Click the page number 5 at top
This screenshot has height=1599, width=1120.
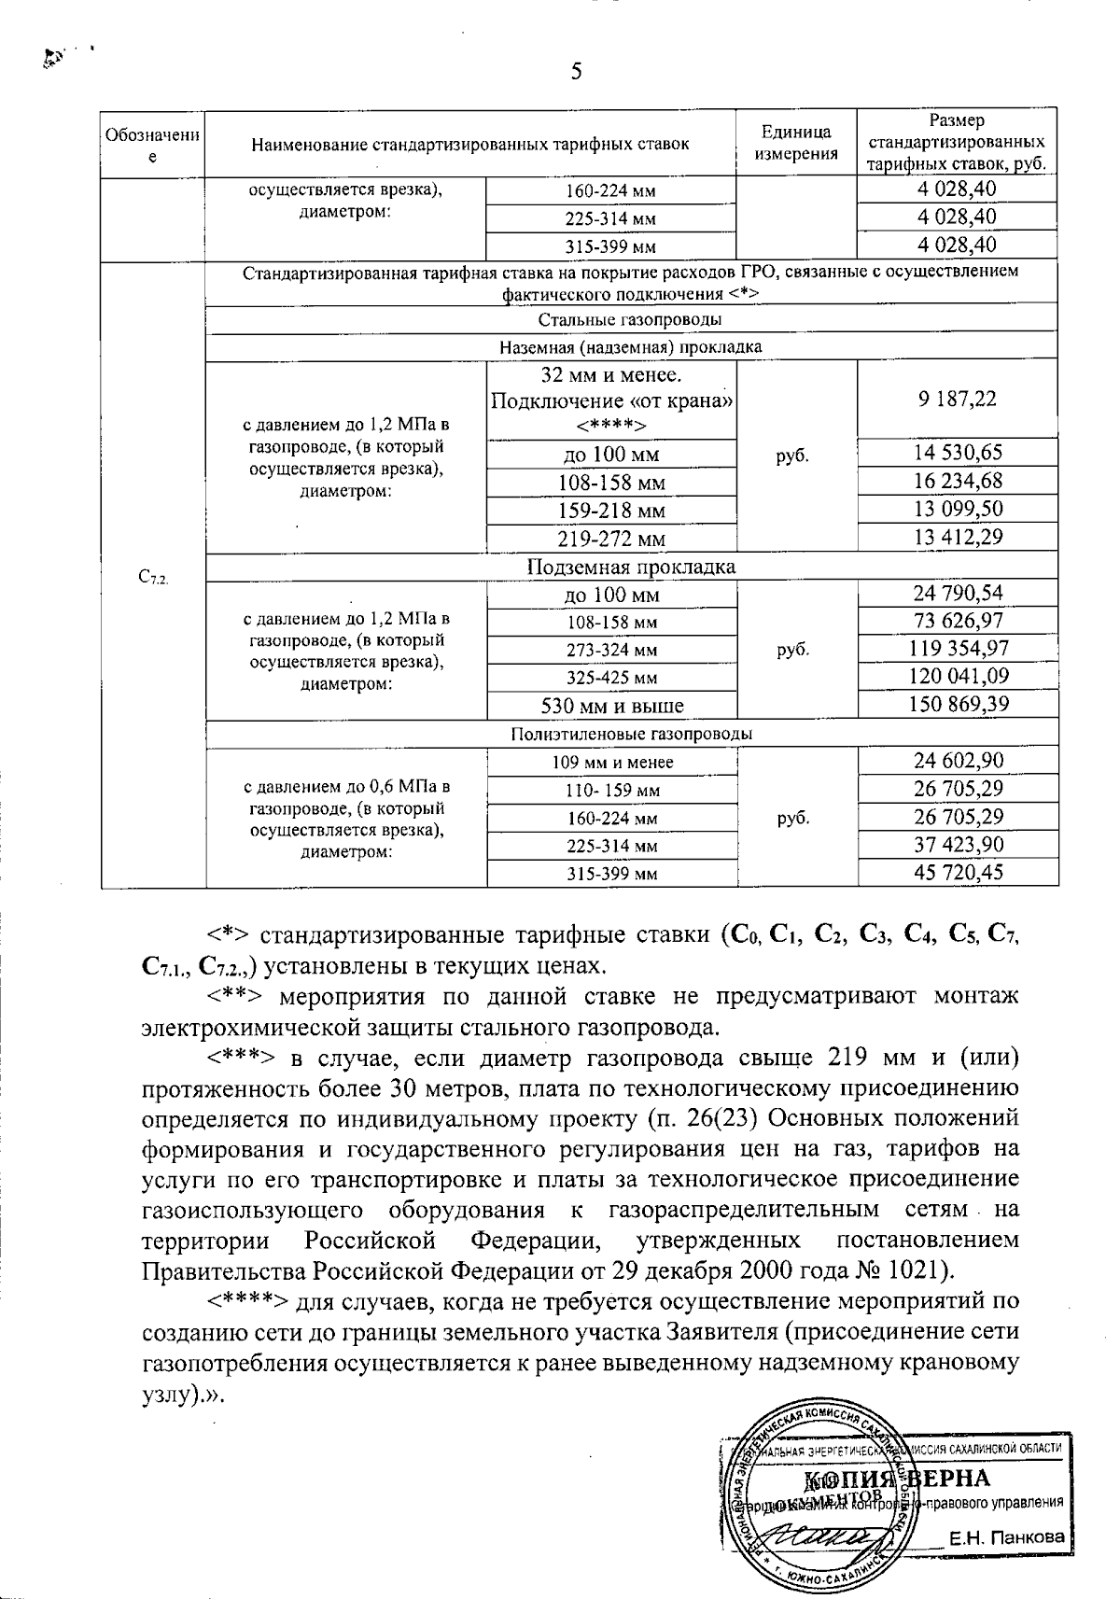(576, 72)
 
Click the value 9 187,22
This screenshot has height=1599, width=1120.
(957, 400)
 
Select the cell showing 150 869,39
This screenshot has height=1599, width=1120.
(959, 704)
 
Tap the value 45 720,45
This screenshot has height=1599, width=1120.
(959, 873)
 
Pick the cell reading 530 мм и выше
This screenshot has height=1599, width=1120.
(612, 705)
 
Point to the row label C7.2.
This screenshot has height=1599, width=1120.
(152, 579)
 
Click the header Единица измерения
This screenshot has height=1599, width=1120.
(796, 142)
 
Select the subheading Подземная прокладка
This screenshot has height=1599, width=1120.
(631, 568)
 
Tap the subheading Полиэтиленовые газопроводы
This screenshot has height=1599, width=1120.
(631, 734)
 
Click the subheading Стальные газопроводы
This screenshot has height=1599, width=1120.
(631, 320)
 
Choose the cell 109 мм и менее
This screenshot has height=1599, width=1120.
(612, 763)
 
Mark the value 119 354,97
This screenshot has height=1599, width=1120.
(959, 649)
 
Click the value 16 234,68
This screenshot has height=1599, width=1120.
(959, 482)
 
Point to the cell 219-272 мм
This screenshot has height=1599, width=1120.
(612, 539)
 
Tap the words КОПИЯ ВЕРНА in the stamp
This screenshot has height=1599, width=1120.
(896, 1479)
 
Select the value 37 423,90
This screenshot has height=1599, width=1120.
(959, 845)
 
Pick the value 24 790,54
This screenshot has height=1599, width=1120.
(959, 594)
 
